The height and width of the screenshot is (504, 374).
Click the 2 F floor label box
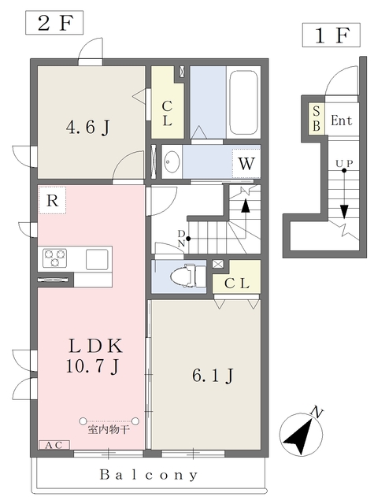[54, 23]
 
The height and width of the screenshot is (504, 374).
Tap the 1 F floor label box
[331, 35]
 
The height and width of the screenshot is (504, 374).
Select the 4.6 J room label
[87, 128]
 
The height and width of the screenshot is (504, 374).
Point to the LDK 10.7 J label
[94, 356]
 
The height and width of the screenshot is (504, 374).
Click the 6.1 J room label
[213, 375]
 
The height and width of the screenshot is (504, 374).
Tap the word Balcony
[149, 475]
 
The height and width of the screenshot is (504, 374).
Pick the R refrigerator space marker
[52, 200]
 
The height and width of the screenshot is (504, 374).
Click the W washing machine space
[246, 164]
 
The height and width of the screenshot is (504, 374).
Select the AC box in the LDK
[54, 445]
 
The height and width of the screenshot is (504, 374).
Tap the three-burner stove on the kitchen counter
[54, 258]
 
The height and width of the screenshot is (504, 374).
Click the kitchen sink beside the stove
[97, 259]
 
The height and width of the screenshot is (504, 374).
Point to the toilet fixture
[187, 276]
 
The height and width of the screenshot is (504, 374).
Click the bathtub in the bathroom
[244, 103]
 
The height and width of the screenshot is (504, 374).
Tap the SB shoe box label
[317, 119]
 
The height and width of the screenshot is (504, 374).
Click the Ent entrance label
[342, 120]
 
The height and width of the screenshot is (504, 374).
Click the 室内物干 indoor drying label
[109, 429]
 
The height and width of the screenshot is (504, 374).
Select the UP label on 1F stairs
[344, 163]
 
